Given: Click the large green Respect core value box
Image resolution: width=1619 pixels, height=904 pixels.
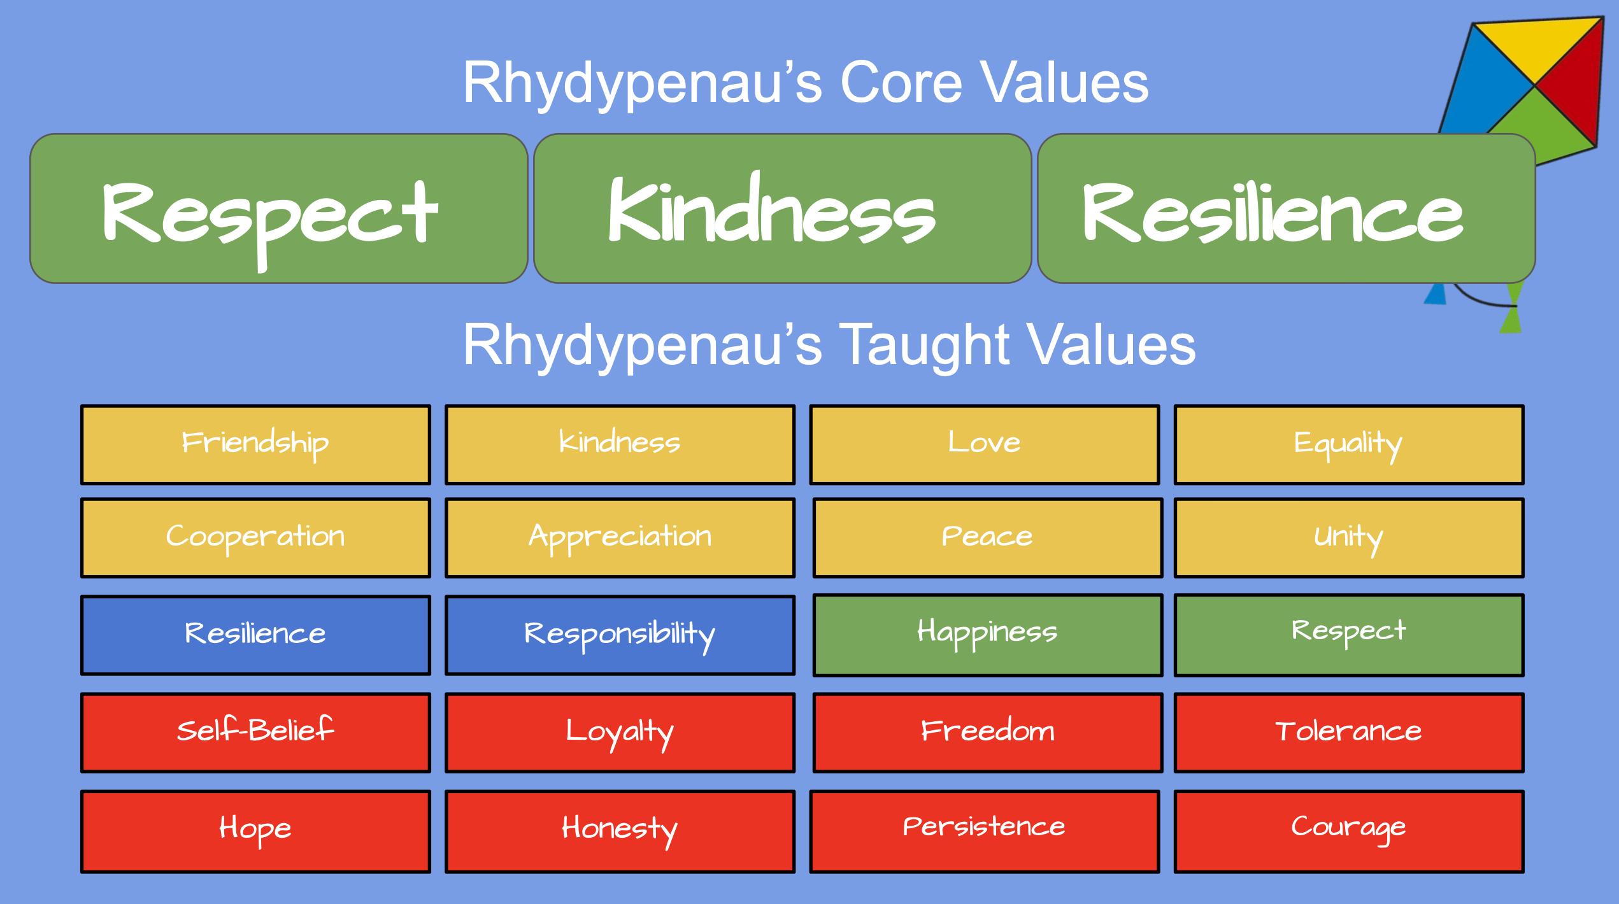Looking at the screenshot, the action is (x=279, y=208).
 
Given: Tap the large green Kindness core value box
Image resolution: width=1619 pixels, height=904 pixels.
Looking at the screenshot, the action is (x=783, y=208).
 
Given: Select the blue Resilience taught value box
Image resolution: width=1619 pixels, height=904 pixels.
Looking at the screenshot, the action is (x=255, y=635).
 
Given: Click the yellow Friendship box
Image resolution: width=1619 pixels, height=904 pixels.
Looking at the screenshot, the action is (x=255, y=444).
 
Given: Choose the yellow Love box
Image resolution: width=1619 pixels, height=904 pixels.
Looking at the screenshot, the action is (x=984, y=444).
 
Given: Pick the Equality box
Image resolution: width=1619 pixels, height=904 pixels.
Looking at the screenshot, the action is (x=1348, y=444).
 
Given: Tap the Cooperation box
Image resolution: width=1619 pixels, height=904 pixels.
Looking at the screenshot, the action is (x=255, y=538).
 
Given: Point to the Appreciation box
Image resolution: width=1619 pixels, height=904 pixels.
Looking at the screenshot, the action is (x=620, y=538).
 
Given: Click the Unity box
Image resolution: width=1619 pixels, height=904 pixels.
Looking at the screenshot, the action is (x=1348, y=538).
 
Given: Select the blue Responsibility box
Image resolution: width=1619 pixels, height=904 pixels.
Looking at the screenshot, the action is (x=620, y=635).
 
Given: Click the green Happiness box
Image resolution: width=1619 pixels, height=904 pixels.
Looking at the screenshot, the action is (x=987, y=635).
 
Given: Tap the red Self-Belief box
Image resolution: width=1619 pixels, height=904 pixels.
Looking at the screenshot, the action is (x=255, y=733).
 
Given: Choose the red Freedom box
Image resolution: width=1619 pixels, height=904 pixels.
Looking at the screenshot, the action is (x=987, y=733).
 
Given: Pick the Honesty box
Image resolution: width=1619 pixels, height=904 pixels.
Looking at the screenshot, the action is (x=620, y=831).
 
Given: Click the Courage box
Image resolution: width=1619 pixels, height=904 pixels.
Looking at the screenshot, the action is (x=1348, y=831).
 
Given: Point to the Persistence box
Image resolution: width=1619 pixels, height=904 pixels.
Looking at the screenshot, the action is (x=984, y=831).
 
